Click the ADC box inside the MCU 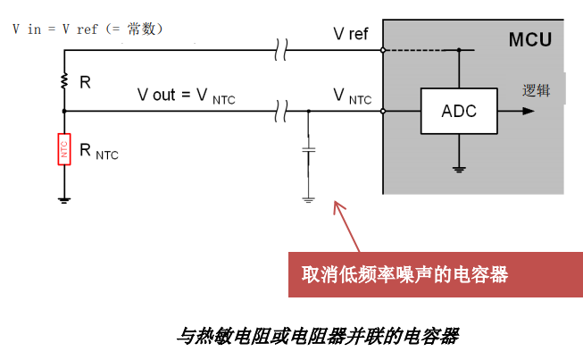pyautogui.click(x=459, y=112)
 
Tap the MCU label pyautogui.click(x=530, y=40)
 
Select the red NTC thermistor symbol pyautogui.click(x=64, y=149)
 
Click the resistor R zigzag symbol pyautogui.click(x=64, y=82)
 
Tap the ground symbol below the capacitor pyautogui.click(x=308, y=199)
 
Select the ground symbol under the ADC pyautogui.click(x=459, y=169)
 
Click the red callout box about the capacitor pyautogui.click(x=435, y=274)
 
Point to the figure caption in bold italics pyautogui.click(x=317, y=337)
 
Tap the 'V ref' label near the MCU pyautogui.click(x=351, y=35)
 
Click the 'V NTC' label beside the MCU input pyautogui.click(x=352, y=96)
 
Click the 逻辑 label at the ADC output pyautogui.click(x=536, y=90)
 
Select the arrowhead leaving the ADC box pyautogui.click(x=529, y=112)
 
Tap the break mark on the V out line pyautogui.click(x=282, y=112)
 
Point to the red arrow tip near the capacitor pyautogui.click(x=336, y=206)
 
